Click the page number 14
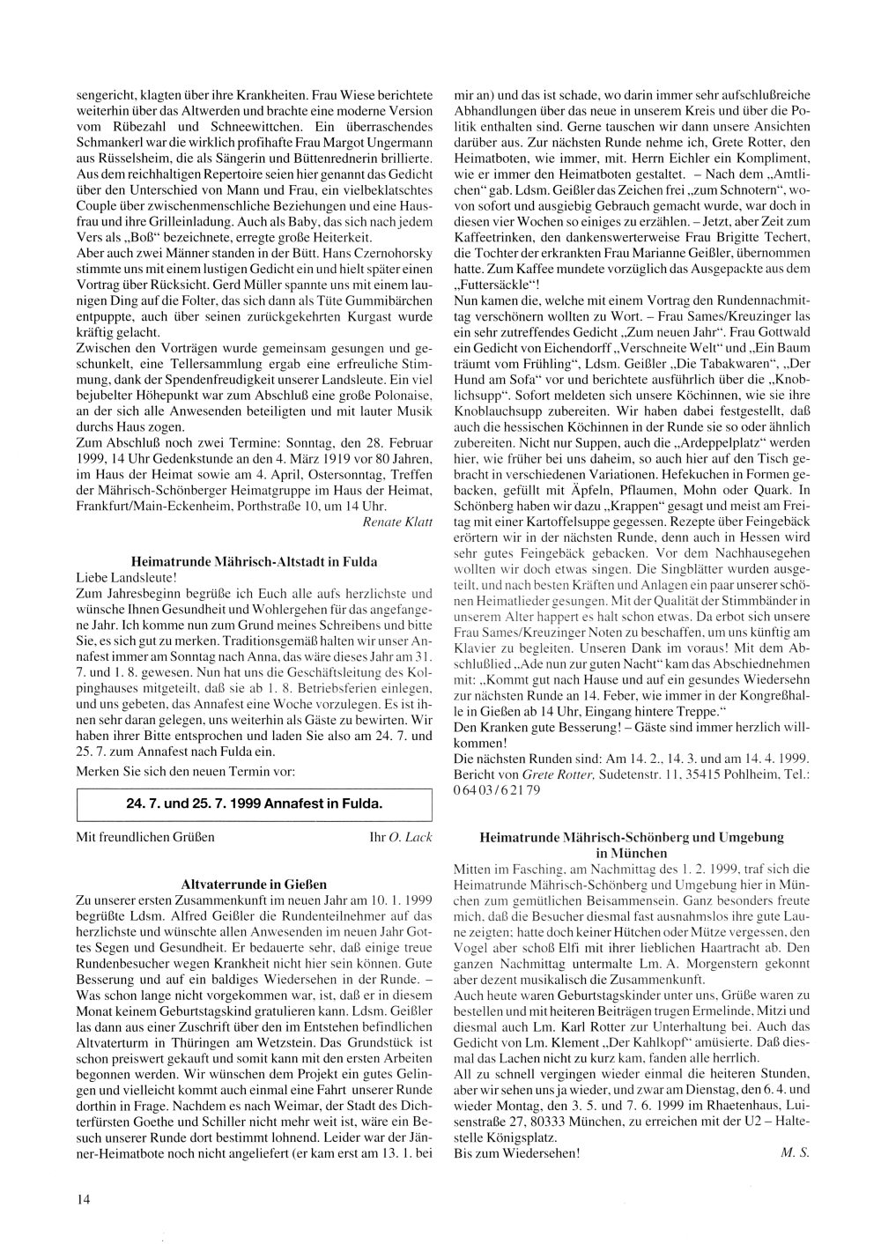83,1198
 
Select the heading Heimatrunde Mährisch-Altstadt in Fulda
254,561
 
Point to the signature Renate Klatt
397,522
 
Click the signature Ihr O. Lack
402,837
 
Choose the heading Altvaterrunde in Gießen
254,884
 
